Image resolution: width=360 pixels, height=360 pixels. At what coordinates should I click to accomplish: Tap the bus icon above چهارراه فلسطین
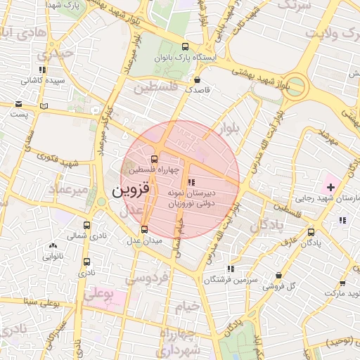tap(154, 158)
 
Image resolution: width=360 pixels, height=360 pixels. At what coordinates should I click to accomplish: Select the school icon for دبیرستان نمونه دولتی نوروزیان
tap(193, 181)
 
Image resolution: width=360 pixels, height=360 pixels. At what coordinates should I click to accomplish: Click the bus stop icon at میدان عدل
tap(145, 229)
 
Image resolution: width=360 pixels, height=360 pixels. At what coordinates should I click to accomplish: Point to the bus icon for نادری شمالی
tap(87, 226)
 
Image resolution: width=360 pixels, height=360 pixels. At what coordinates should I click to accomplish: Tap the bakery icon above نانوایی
tap(53, 245)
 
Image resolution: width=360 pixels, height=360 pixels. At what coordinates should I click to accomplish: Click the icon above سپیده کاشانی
tap(43, 70)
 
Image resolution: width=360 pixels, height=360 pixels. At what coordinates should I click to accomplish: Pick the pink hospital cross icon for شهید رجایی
tap(330, 187)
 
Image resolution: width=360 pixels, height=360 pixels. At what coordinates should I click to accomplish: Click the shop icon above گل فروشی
tap(280, 275)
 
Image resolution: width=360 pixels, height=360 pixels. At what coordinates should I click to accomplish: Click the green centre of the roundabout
tap(296, 87)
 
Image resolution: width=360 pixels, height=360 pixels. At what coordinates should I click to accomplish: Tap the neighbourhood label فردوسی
tap(146, 279)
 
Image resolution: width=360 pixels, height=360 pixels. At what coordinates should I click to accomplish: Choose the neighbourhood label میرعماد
tap(68, 190)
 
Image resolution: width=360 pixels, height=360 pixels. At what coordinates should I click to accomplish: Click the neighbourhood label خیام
tap(188, 307)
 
